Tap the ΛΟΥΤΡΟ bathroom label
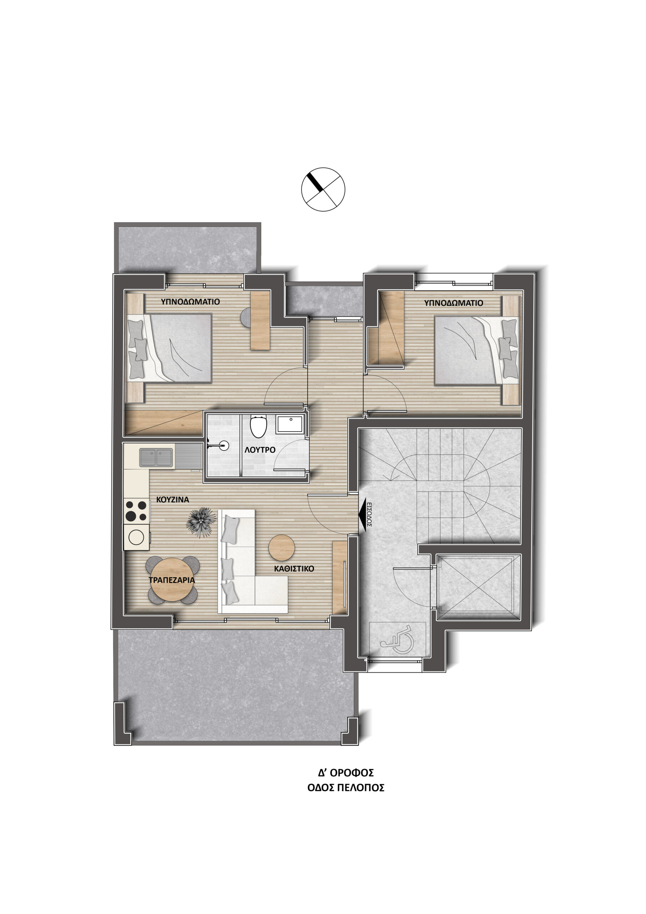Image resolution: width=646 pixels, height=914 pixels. pyautogui.click(x=260, y=450)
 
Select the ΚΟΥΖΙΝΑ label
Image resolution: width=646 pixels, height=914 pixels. pyautogui.click(x=172, y=499)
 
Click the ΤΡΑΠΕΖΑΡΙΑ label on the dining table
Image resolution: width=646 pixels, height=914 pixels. pyautogui.click(x=172, y=580)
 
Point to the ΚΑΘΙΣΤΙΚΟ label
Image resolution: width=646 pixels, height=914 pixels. pyautogui.click(x=294, y=569)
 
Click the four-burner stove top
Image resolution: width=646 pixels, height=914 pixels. pyautogui.click(x=136, y=511)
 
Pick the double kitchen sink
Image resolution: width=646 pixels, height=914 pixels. pyautogui.click(x=156, y=457)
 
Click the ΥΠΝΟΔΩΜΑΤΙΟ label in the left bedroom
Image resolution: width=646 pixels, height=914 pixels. pyautogui.click(x=190, y=302)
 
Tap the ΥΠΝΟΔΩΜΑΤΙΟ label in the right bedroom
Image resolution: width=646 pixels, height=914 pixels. pyautogui.click(x=453, y=303)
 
